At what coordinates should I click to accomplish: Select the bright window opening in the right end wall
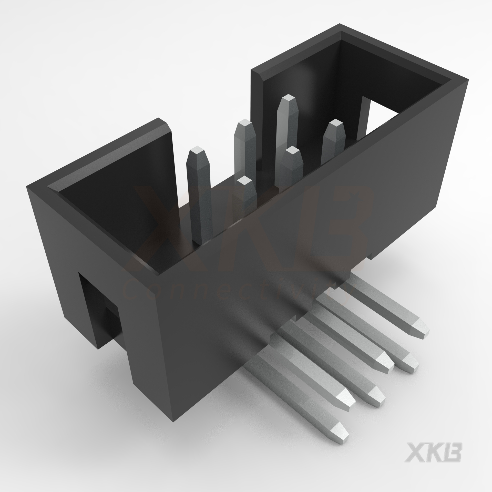click(x=379, y=115)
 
